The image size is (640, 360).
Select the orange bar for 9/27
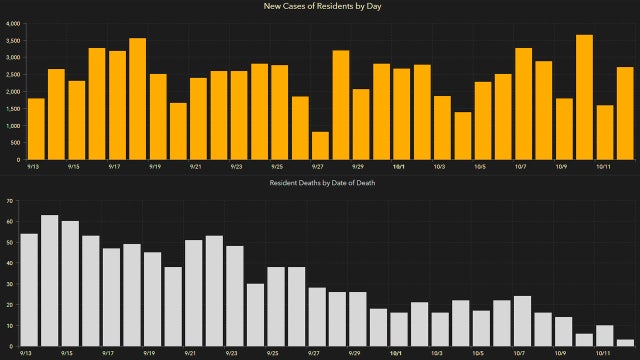tap(320, 146)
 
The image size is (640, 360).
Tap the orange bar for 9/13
tap(36, 129)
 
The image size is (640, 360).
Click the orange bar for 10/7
tap(523, 104)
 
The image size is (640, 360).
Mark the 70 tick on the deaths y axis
tap(9, 201)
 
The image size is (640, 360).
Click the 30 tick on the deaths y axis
tap(9, 285)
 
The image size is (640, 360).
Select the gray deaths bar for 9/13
tap(29, 290)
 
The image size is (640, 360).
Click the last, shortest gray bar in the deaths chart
tap(625, 344)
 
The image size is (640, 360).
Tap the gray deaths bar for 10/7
tap(522, 322)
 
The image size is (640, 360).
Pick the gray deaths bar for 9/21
tap(194, 294)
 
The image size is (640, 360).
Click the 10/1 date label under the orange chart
tap(399, 167)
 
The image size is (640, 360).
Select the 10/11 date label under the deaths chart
tap(604, 354)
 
